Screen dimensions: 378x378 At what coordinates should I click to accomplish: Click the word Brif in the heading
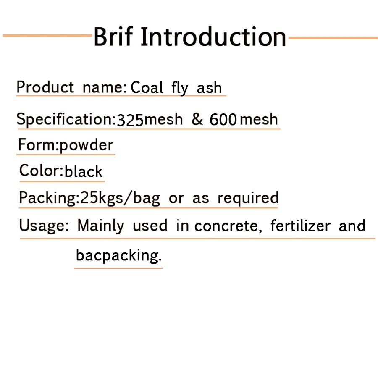pyautogui.click(x=113, y=36)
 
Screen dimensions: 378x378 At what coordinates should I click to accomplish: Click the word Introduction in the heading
pyautogui.click(x=213, y=37)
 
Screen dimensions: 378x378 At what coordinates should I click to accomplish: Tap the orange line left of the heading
pyautogui.click(x=47, y=35)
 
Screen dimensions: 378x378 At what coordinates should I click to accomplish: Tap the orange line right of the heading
pyautogui.click(x=333, y=38)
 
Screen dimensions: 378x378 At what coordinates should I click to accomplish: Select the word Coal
pyautogui.click(x=147, y=87)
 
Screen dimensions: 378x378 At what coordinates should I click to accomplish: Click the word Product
pyautogui.click(x=45, y=87)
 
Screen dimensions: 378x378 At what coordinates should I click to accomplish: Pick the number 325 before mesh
pyautogui.click(x=130, y=120)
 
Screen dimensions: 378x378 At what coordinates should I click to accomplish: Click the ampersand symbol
pyautogui.click(x=197, y=119)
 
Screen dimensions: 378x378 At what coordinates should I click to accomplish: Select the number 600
pyautogui.click(x=223, y=119)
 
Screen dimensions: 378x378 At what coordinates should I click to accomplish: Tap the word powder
pyautogui.click(x=86, y=145)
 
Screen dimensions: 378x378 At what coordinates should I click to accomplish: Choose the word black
pyautogui.click(x=84, y=171)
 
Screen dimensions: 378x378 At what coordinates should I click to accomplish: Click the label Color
pyautogui.click(x=39, y=171)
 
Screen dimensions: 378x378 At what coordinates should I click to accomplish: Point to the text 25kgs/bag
pyautogui.click(x=120, y=198)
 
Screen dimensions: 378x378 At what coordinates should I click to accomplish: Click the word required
pyautogui.click(x=248, y=198)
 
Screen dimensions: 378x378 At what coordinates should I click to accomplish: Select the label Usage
pyautogui.click(x=42, y=226)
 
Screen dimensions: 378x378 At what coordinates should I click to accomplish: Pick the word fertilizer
pyautogui.click(x=300, y=226)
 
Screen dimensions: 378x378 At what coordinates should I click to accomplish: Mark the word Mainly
pyautogui.click(x=101, y=226)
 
